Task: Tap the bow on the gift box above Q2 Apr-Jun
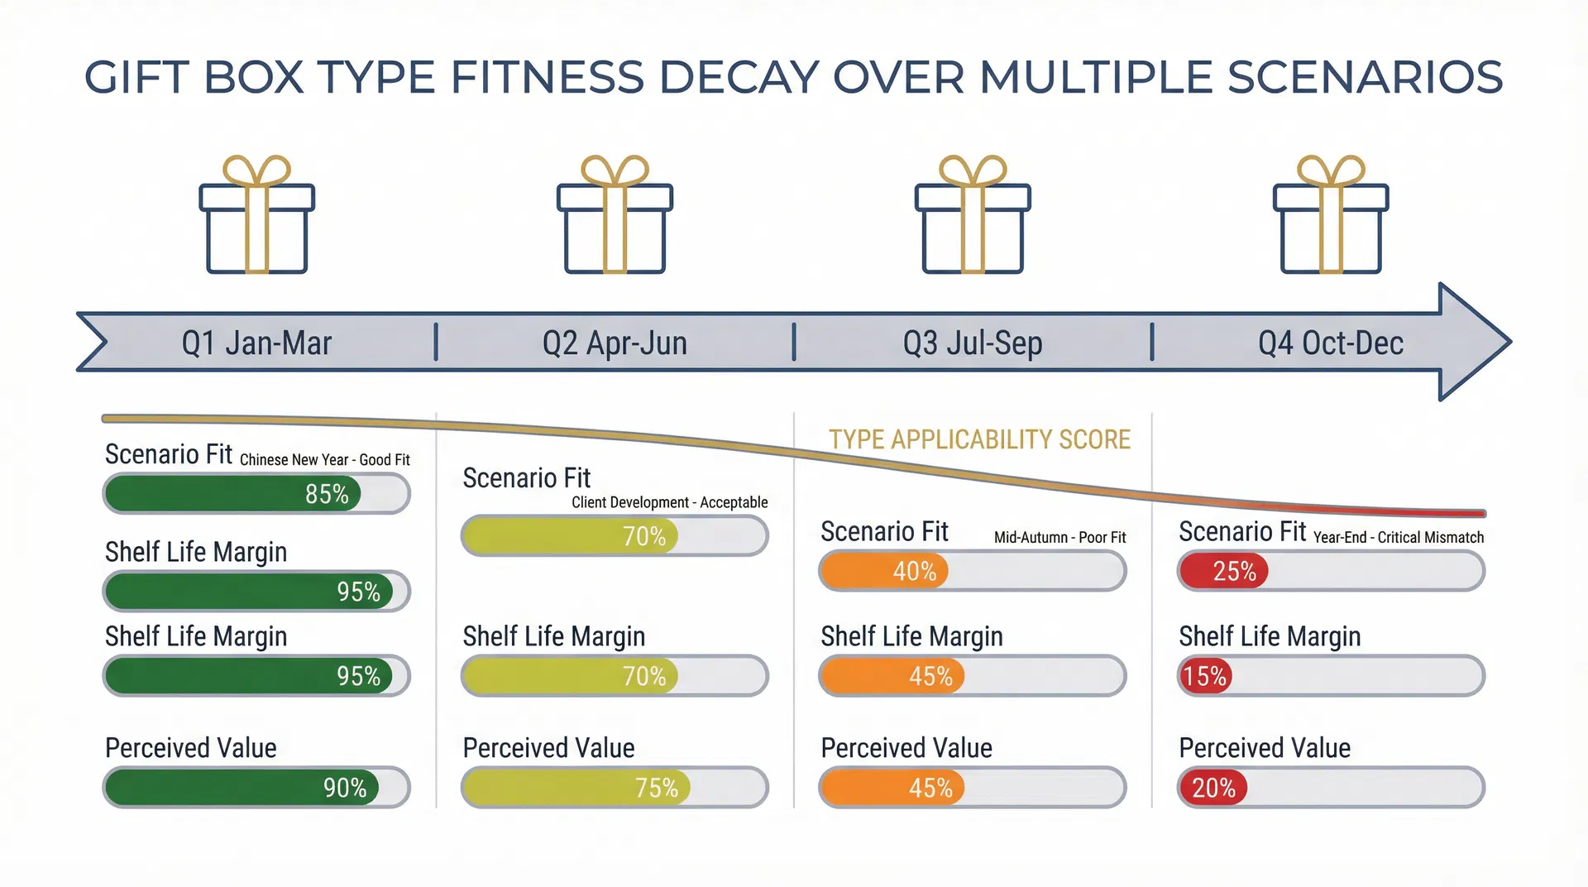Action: tap(615, 170)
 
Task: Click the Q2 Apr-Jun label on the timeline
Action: tap(615, 343)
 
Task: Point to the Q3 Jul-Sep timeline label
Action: tap(972, 343)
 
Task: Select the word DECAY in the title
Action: tap(739, 78)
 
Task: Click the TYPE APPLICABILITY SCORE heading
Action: tap(979, 439)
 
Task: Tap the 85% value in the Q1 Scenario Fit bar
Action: tap(327, 494)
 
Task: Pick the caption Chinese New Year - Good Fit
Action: tap(324, 460)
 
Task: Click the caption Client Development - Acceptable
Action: tap(669, 502)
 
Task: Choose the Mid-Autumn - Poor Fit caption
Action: tap(1059, 538)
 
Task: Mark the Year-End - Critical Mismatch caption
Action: tap(1398, 538)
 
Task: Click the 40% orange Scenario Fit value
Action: tap(914, 572)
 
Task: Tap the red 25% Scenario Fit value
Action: tap(1234, 572)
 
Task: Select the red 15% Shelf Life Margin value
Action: tap(1204, 677)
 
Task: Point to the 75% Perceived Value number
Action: tap(656, 788)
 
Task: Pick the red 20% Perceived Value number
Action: tap(1213, 788)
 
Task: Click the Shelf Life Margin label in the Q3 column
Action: tap(911, 636)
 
